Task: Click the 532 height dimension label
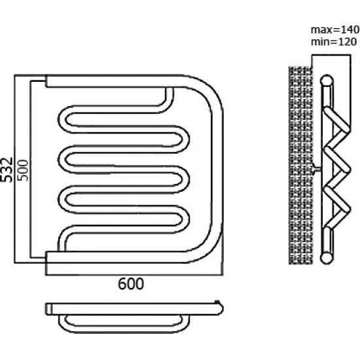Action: [x=7, y=170]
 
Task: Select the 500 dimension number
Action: [x=23, y=170]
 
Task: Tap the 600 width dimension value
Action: [x=131, y=284]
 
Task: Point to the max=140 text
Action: [x=335, y=29]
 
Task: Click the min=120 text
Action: [x=334, y=42]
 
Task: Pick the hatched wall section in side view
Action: [x=300, y=165]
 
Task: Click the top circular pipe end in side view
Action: [x=327, y=81]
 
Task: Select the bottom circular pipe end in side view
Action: [x=327, y=258]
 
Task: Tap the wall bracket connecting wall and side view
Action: [x=317, y=170]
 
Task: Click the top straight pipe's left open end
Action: [x=46, y=81]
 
